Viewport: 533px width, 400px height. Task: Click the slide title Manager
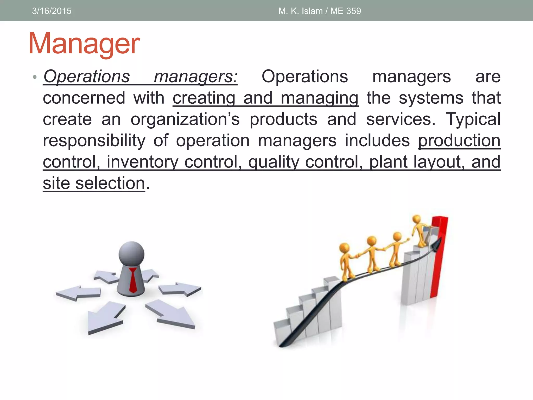point(84,44)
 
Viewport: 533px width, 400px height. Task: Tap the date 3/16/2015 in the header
point(52,11)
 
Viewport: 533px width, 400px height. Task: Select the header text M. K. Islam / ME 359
point(320,11)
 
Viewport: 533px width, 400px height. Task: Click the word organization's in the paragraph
point(185,119)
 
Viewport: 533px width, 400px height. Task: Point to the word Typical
point(473,119)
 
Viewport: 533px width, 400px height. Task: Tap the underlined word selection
point(110,183)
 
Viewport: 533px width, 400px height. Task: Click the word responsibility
point(94,141)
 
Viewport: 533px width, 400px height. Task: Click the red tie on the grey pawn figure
point(133,280)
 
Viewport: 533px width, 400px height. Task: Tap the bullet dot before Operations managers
point(34,77)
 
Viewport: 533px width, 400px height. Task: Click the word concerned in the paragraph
point(84,98)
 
